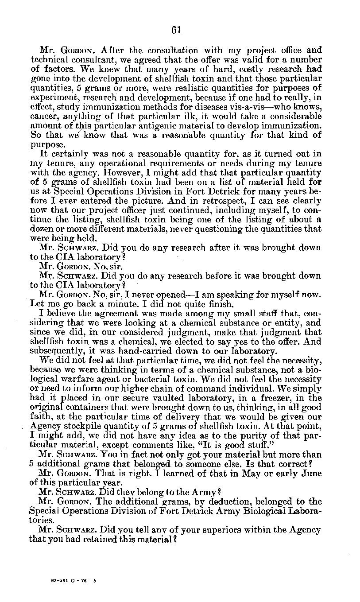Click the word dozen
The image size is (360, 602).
[x=40, y=229]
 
